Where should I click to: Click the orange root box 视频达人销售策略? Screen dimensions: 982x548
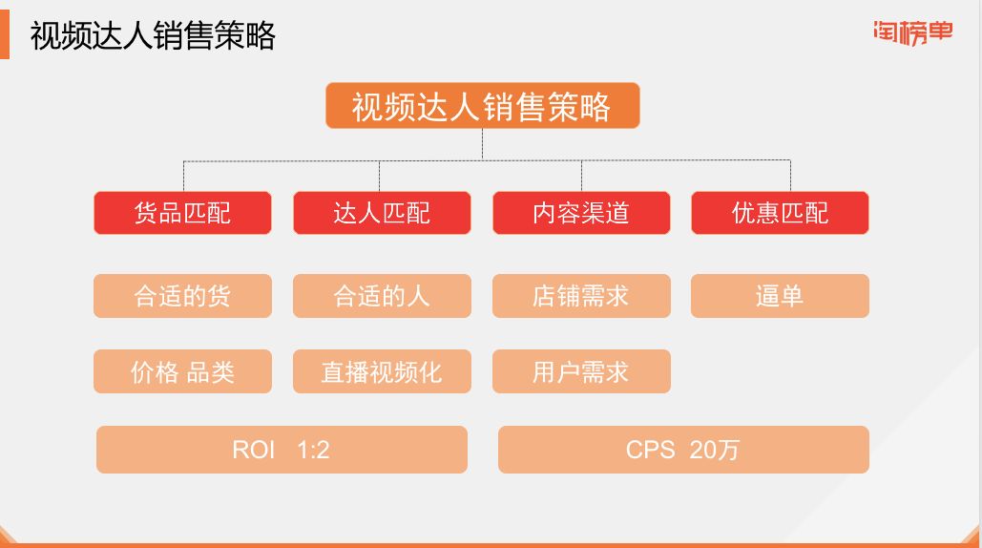(482, 105)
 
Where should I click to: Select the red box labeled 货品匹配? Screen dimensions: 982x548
(182, 213)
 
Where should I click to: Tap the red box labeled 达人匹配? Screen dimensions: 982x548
(382, 213)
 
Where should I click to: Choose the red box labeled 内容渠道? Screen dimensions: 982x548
(581, 213)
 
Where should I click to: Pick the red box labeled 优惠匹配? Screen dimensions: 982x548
(780, 213)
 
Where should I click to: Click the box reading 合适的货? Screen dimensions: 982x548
(182, 296)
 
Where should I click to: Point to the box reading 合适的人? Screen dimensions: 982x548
(382, 296)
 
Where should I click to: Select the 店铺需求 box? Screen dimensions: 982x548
(581, 296)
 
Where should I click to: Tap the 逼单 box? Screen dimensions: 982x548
(780, 296)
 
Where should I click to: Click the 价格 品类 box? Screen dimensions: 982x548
(182, 371)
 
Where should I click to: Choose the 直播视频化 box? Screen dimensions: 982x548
(382, 371)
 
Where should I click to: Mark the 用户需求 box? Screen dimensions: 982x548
(581, 371)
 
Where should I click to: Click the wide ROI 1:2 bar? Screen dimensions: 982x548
(282, 450)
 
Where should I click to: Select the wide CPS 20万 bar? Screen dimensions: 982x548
(683, 450)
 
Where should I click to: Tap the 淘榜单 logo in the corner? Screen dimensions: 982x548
(913, 32)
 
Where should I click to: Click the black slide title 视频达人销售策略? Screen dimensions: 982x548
(153, 35)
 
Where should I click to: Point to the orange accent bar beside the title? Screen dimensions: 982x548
(5, 35)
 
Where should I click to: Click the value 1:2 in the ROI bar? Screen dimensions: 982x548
(313, 450)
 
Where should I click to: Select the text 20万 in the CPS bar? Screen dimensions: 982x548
(714, 450)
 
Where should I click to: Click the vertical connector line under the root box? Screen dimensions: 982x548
(482, 144)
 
